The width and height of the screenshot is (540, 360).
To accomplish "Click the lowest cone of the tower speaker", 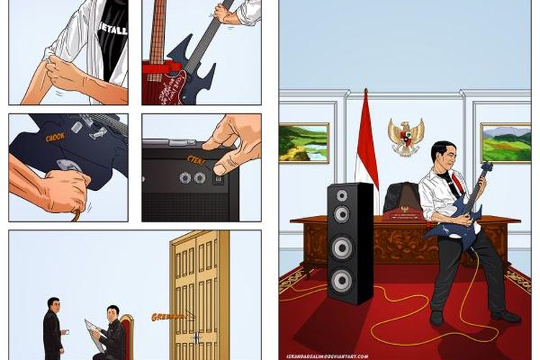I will pos(343,279).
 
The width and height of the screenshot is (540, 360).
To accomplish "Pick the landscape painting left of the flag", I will pos(304,143).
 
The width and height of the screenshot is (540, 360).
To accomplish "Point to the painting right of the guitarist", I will pos(505,142).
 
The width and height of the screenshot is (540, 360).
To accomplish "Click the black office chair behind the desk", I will pos(401,198).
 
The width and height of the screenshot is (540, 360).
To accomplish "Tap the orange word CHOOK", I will pos(55,137).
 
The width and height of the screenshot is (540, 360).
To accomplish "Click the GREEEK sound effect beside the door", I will pos(168,316).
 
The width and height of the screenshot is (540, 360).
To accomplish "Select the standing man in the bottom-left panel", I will pos(53,328).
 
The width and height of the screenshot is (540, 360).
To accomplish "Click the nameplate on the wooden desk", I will pos(404,213).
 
